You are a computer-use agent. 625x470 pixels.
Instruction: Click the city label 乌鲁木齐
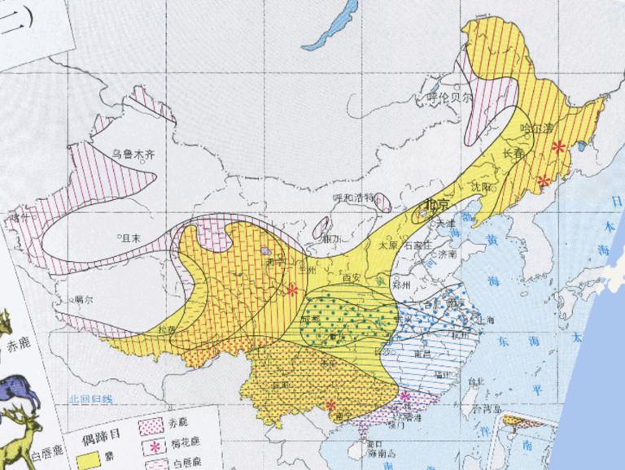(133, 152)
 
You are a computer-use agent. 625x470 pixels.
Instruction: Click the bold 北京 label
(438, 203)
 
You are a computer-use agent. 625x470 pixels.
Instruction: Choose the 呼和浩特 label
(353, 198)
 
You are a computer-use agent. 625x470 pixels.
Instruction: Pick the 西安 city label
(352, 277)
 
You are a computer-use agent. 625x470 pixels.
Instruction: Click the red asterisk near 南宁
(330, 405)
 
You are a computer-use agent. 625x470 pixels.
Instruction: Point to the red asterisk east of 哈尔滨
(558, 147)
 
